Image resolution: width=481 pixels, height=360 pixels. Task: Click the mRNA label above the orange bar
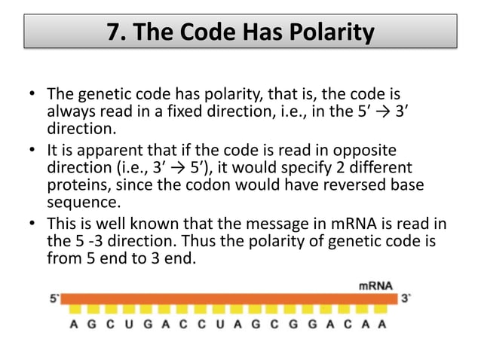click(373, 286)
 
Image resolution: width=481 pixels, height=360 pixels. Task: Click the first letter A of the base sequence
click(72, 325)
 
